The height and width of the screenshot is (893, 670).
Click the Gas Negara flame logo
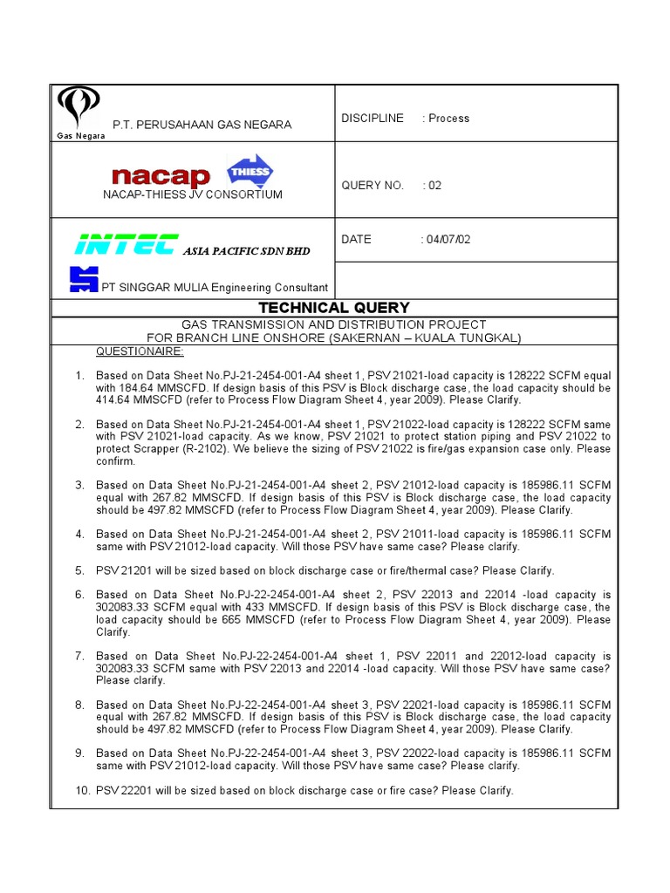point(79,109)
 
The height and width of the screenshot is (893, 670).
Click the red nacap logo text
point(161,177)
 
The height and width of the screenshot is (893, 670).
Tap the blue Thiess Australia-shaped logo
point(250,172)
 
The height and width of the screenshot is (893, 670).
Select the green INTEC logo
point(126,245)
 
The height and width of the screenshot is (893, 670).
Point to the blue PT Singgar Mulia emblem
point(84,280)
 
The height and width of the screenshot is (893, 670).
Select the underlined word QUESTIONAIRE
point(140,351)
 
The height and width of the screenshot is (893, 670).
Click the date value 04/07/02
point(445,239)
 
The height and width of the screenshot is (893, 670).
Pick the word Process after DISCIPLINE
point(448,119)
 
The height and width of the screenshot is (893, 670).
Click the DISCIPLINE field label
point(373,119)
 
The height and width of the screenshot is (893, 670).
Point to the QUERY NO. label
point(373,185)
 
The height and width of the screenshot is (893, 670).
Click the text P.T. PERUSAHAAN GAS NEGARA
point(202,125)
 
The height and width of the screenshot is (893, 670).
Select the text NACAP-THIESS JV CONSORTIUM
point(193,194)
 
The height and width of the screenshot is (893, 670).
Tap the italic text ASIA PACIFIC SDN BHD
point(246,251)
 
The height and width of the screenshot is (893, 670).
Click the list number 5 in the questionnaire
point(79,571)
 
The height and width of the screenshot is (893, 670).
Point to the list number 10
point(77,791)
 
